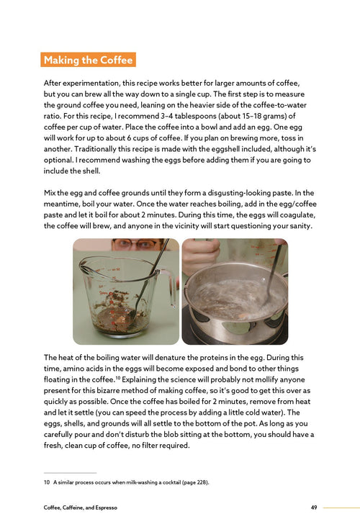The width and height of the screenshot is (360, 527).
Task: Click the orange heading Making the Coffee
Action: (x=88, y=60)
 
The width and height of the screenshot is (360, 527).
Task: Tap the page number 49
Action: (x=314, y=508)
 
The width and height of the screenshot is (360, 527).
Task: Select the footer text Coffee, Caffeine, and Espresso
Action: (x=80, y=508)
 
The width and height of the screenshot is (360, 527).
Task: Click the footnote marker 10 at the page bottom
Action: (x=47, y=482)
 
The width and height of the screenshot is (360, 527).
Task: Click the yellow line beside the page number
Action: (x=341, y=508)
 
